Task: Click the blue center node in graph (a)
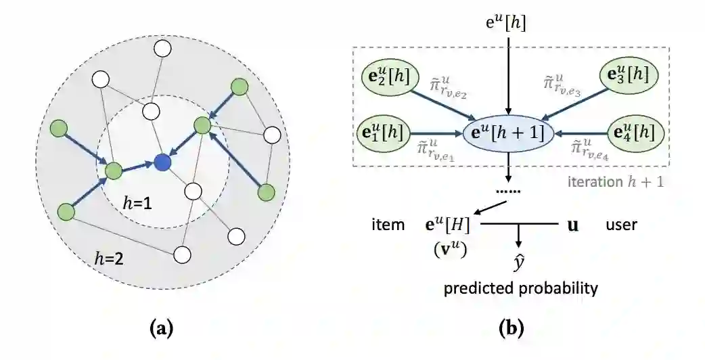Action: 162,162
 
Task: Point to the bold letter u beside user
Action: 572,225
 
